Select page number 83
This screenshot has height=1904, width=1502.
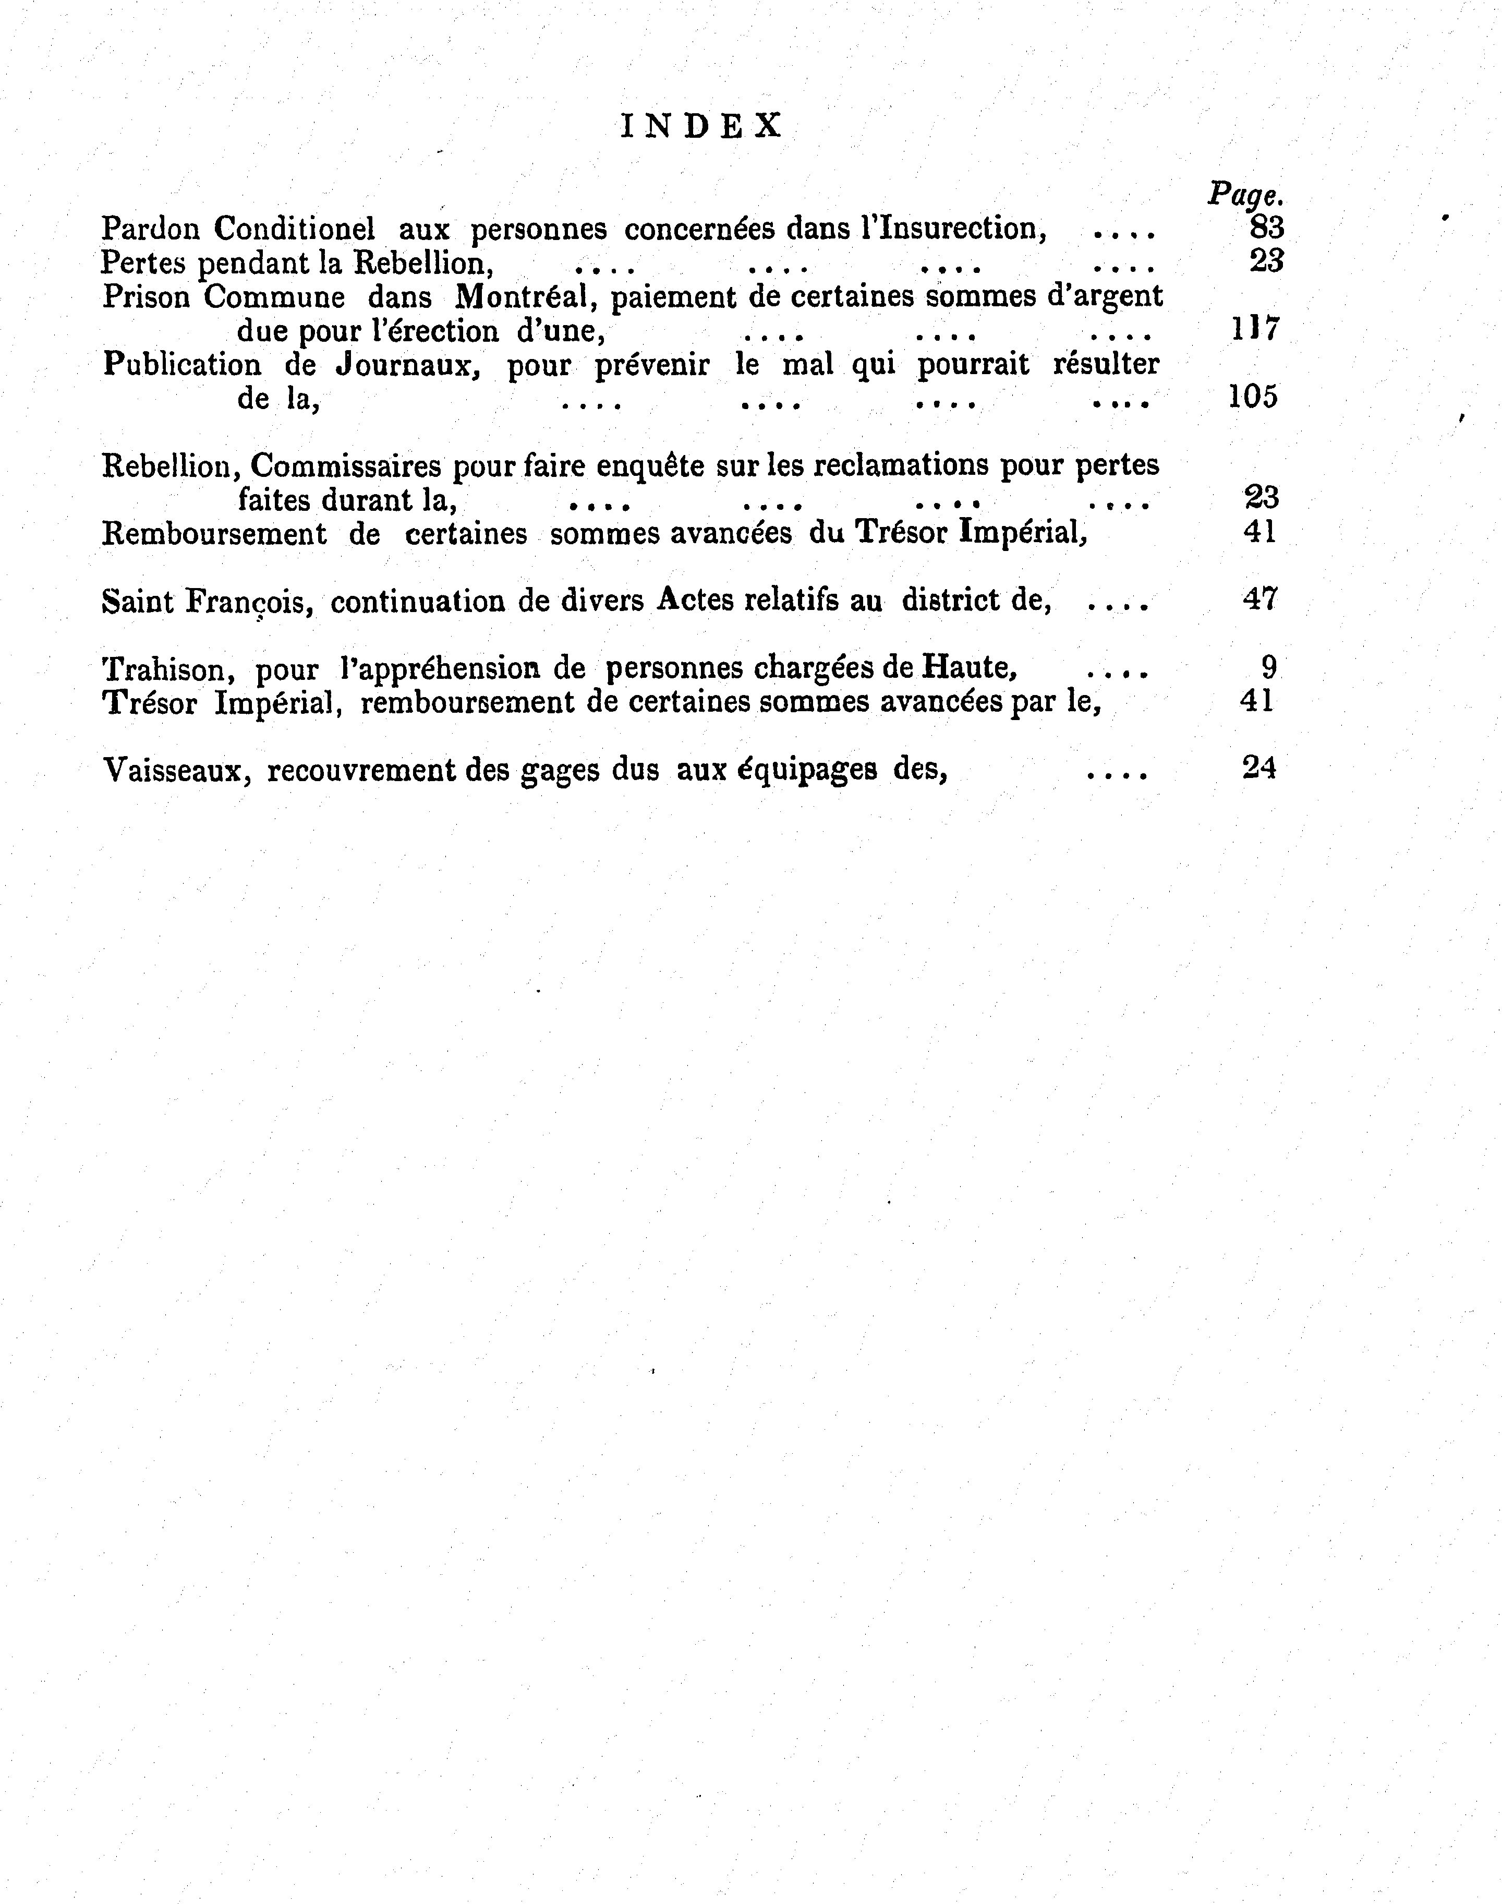[1266, 228]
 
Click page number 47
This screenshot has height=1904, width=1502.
[1259, 598]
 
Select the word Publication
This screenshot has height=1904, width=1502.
[182, 364]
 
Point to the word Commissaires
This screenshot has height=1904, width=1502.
[346, 465]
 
